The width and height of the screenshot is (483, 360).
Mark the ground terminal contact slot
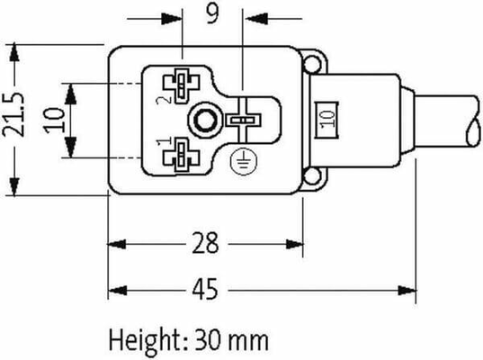240,120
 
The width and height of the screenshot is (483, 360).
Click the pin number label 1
161,142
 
